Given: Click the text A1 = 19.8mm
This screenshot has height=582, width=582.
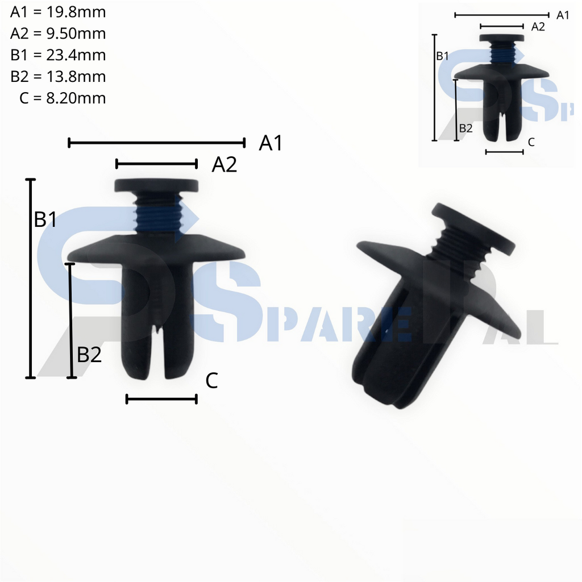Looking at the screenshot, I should coord(58,12).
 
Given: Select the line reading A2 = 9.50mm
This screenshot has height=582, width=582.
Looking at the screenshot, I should coord(58,34).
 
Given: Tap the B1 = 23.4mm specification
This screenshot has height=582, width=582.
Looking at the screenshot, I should coord(58,55).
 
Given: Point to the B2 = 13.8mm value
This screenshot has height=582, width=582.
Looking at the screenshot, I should coord(58,77).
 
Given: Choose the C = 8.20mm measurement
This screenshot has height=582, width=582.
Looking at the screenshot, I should coord(63,98).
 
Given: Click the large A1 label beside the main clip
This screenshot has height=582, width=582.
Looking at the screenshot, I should coord(271,144).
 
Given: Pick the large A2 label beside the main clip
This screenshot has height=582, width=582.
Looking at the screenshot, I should coord(224,165).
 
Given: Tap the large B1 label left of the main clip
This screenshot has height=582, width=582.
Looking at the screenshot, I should coord(45,220).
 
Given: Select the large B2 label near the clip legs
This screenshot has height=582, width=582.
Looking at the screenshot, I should coord(89,355).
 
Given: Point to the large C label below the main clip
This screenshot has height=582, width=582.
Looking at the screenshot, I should coord(211,381).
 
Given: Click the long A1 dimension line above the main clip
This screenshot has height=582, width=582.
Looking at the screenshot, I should coord(156,142).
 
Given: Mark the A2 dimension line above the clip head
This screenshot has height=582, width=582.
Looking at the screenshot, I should coord(156,164).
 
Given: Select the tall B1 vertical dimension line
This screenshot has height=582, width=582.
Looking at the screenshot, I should coord(31,278).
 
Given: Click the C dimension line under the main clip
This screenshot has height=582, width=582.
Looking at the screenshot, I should coord(161,399).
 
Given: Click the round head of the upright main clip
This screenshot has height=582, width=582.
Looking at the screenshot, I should coord(156,185).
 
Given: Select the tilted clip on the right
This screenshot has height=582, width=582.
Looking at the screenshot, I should coord(432,301).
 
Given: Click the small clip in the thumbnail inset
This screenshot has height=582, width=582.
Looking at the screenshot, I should coord(502,85).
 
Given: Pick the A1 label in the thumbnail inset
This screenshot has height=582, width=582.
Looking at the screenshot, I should coord(563,15).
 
